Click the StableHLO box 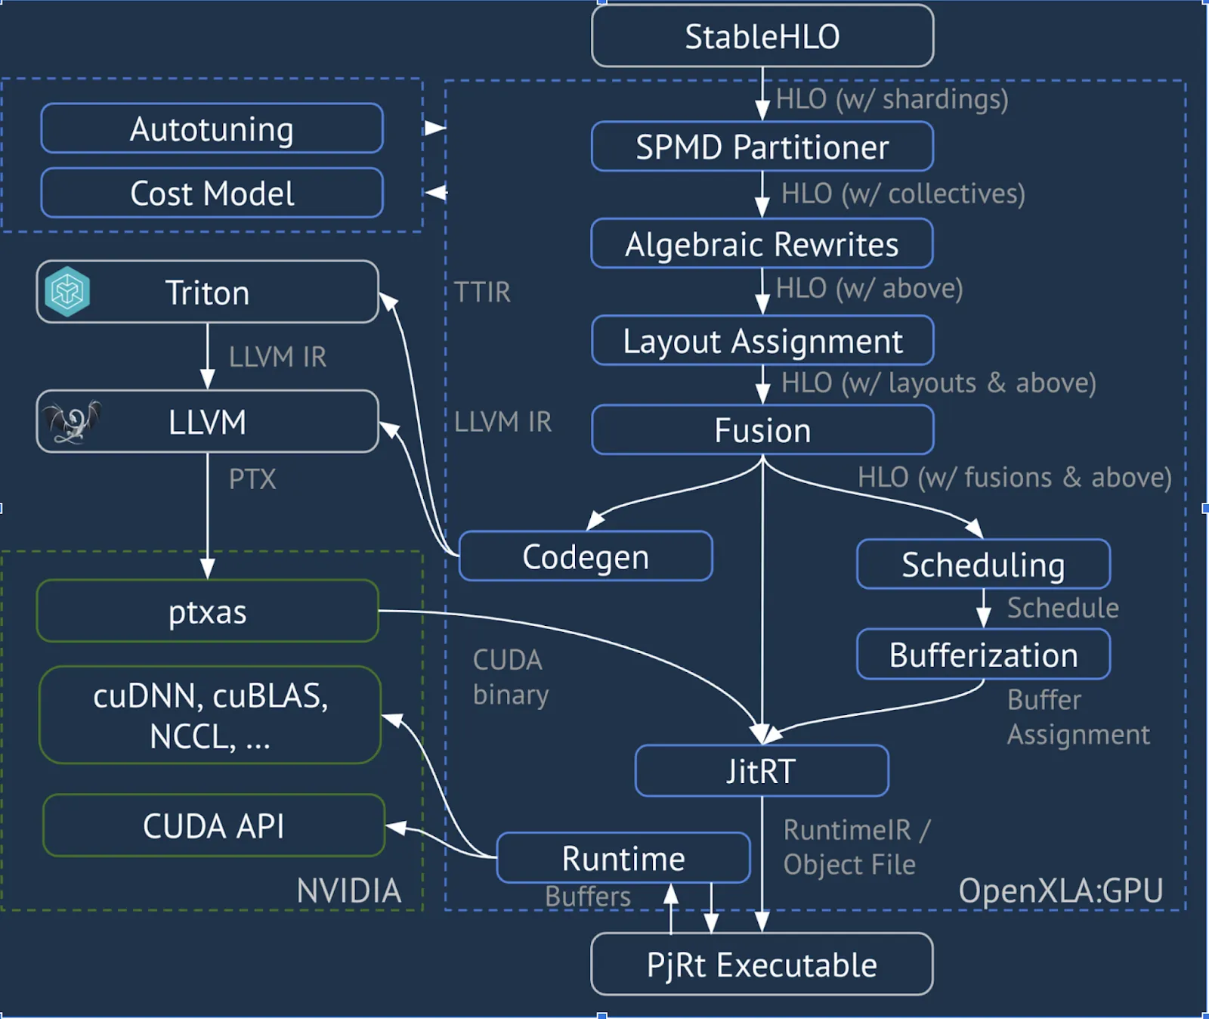[x=762, y=36]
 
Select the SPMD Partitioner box [x=762, y=147]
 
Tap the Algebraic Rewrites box [x=762, y=244]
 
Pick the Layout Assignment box [x=762, y=341]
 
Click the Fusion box [x=762, y=430]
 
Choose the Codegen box [x=586, y=557]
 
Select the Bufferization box [x=983, y=655]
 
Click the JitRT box [x=762, y=771]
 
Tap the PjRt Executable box [x=762, y=965]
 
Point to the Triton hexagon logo [x=67, y=291]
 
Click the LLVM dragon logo [x=72, y=422]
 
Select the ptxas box [x=207, y=612]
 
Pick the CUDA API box [x=214, y=825]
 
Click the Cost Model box [x=212, y=194]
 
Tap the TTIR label [x=482, y=292]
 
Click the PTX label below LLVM [x=252, y=479]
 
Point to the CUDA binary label [x=510, y=677]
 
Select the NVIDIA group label [x=348, y=890]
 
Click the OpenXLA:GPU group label [x=1060, y=890]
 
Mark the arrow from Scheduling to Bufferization [x=983, y=608]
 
